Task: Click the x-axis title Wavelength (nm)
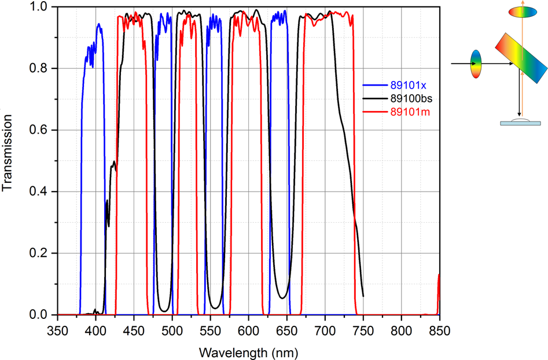pyautogui.click(x=248, y=352)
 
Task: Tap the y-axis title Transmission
pyautogui.click(x=8, y=153)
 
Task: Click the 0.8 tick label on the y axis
pyautogui.click(x=39, y=68)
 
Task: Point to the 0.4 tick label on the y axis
pyautogui.click(x=39, y=192)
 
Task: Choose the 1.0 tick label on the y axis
pyautogui.click(x=39, y=7)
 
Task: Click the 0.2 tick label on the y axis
pyautogui.click(x=39, y=253)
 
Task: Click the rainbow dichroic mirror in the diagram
pyautogui.click(x=520, y=60)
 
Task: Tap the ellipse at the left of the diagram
pyautogui.click(x=476, y=64)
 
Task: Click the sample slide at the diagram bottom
pyautogui.click(x=520, y=122)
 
